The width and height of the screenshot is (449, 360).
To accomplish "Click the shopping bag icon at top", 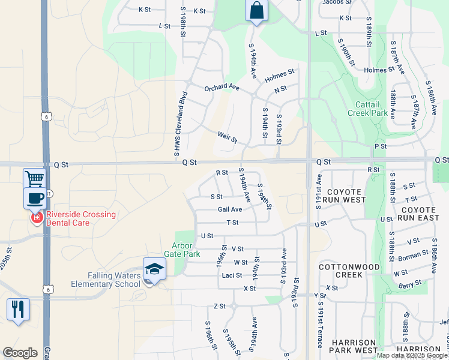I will [256, 11].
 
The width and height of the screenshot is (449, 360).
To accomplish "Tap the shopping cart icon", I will [34, 178].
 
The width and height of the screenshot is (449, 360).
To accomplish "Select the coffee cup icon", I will [35, 198].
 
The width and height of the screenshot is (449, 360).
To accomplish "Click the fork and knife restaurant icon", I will [17, 309].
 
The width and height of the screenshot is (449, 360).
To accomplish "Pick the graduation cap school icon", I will [154, 269].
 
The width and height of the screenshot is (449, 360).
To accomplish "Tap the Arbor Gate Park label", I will [185, 250].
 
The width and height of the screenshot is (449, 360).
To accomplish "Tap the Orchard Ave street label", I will [221, 88].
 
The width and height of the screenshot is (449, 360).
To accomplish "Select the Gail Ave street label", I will [230, 209].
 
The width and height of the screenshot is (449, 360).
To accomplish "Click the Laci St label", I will [232, 275].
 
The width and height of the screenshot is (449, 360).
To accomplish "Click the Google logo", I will [20, 353].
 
